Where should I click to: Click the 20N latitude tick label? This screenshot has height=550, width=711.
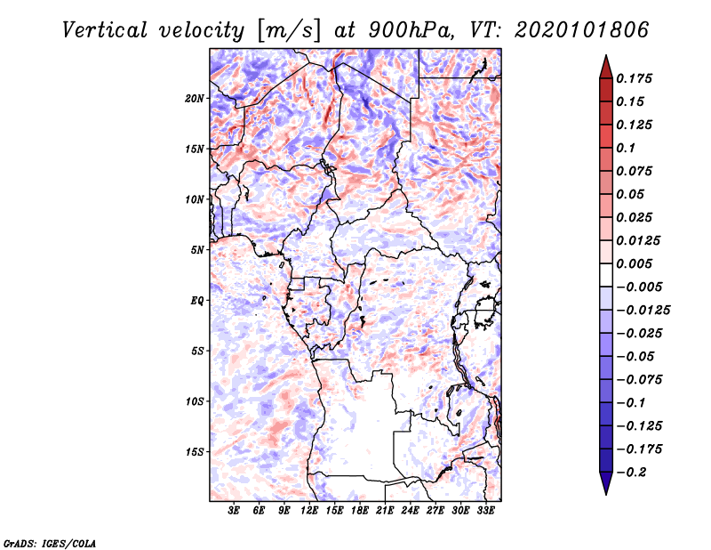pyautogui.click(x=195, y=99)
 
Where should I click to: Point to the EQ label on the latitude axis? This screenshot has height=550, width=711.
pyautogui.click(x=197, y=301)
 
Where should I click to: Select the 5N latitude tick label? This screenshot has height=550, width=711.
pyautogui.click(x=197, y=250)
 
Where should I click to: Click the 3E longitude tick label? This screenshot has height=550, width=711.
pyautogui.click(x=234, y=511)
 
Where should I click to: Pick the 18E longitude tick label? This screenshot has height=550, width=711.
pyautogui.click(x=360, y=511)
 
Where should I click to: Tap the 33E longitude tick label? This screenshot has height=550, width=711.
pyautogui.click(x=485, y=511)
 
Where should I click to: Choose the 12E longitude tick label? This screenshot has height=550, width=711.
pyautogui.click(x=309, y=511)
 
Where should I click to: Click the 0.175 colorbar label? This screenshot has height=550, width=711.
pyautogui.click(x=634, y=78)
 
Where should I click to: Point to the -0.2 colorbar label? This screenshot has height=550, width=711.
pyautogui.click(x=631, y=473)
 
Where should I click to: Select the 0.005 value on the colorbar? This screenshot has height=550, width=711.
pyautogui.click(x=634, y=263)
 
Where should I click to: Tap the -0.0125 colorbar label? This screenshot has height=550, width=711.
pyautogui.click(x=643, y=311)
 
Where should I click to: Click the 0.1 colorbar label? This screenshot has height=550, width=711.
pyautogui.click(x=626, y=148)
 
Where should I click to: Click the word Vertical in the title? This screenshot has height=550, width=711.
pyautogui.click(x=105, y=30)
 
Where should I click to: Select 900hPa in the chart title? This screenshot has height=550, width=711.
pyautogui.click(x=411, y=30)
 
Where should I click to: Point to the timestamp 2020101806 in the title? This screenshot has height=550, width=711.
pyautogui.click(x=582, y=30)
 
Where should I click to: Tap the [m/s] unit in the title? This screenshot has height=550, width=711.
pyautogui.click(x=289, y=31)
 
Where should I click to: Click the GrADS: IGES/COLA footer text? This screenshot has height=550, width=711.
pyautogui.click(x=50, y=544)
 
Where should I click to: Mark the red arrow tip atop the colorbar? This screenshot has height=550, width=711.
pyautogui.click(x=606, y=55)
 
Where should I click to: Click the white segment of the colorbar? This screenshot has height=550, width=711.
pyautogui.click(x=606, y=275)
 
